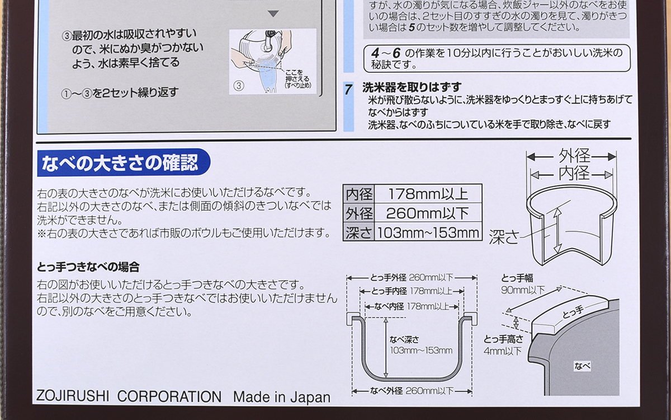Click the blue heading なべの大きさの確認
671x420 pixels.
120,162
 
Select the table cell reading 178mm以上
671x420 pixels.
428,194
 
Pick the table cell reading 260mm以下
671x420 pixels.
428,213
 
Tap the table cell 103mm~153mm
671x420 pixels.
428,232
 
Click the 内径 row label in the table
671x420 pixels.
359,194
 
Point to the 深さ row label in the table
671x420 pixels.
359,232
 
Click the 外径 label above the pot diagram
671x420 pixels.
574,156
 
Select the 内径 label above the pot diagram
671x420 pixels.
574,173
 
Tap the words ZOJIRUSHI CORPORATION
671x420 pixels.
129,396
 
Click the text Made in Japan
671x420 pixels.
282,397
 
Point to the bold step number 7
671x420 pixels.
348,90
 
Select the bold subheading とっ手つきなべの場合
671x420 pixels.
88,267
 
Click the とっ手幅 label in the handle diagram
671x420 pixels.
517,278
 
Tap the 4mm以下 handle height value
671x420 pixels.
503,351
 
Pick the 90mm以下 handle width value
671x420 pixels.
523,290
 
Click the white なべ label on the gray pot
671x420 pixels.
582,366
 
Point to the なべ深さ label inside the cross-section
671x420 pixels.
404,339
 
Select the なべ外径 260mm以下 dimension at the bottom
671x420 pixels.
412,391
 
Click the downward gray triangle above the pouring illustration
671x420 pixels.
273,13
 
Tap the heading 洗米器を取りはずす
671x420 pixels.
412,87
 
